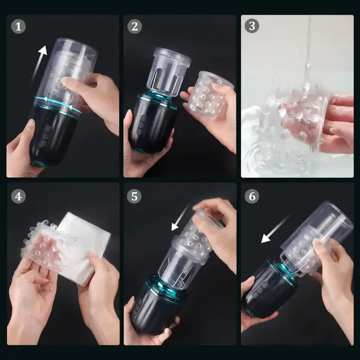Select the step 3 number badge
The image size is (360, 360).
pos(253,26)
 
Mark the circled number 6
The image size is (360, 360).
pos(253,197)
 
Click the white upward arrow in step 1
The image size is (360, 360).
pos(39,64)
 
